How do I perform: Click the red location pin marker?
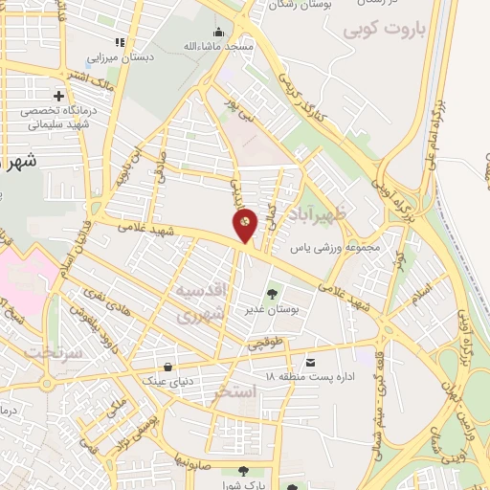point(245,225)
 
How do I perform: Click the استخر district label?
point(235,391)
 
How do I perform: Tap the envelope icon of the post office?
point(311,363)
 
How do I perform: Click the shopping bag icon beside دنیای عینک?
point(168,367)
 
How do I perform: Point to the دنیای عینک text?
point(167,381)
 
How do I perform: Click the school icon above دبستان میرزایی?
point(120,42)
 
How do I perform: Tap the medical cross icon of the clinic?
point(59,96)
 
